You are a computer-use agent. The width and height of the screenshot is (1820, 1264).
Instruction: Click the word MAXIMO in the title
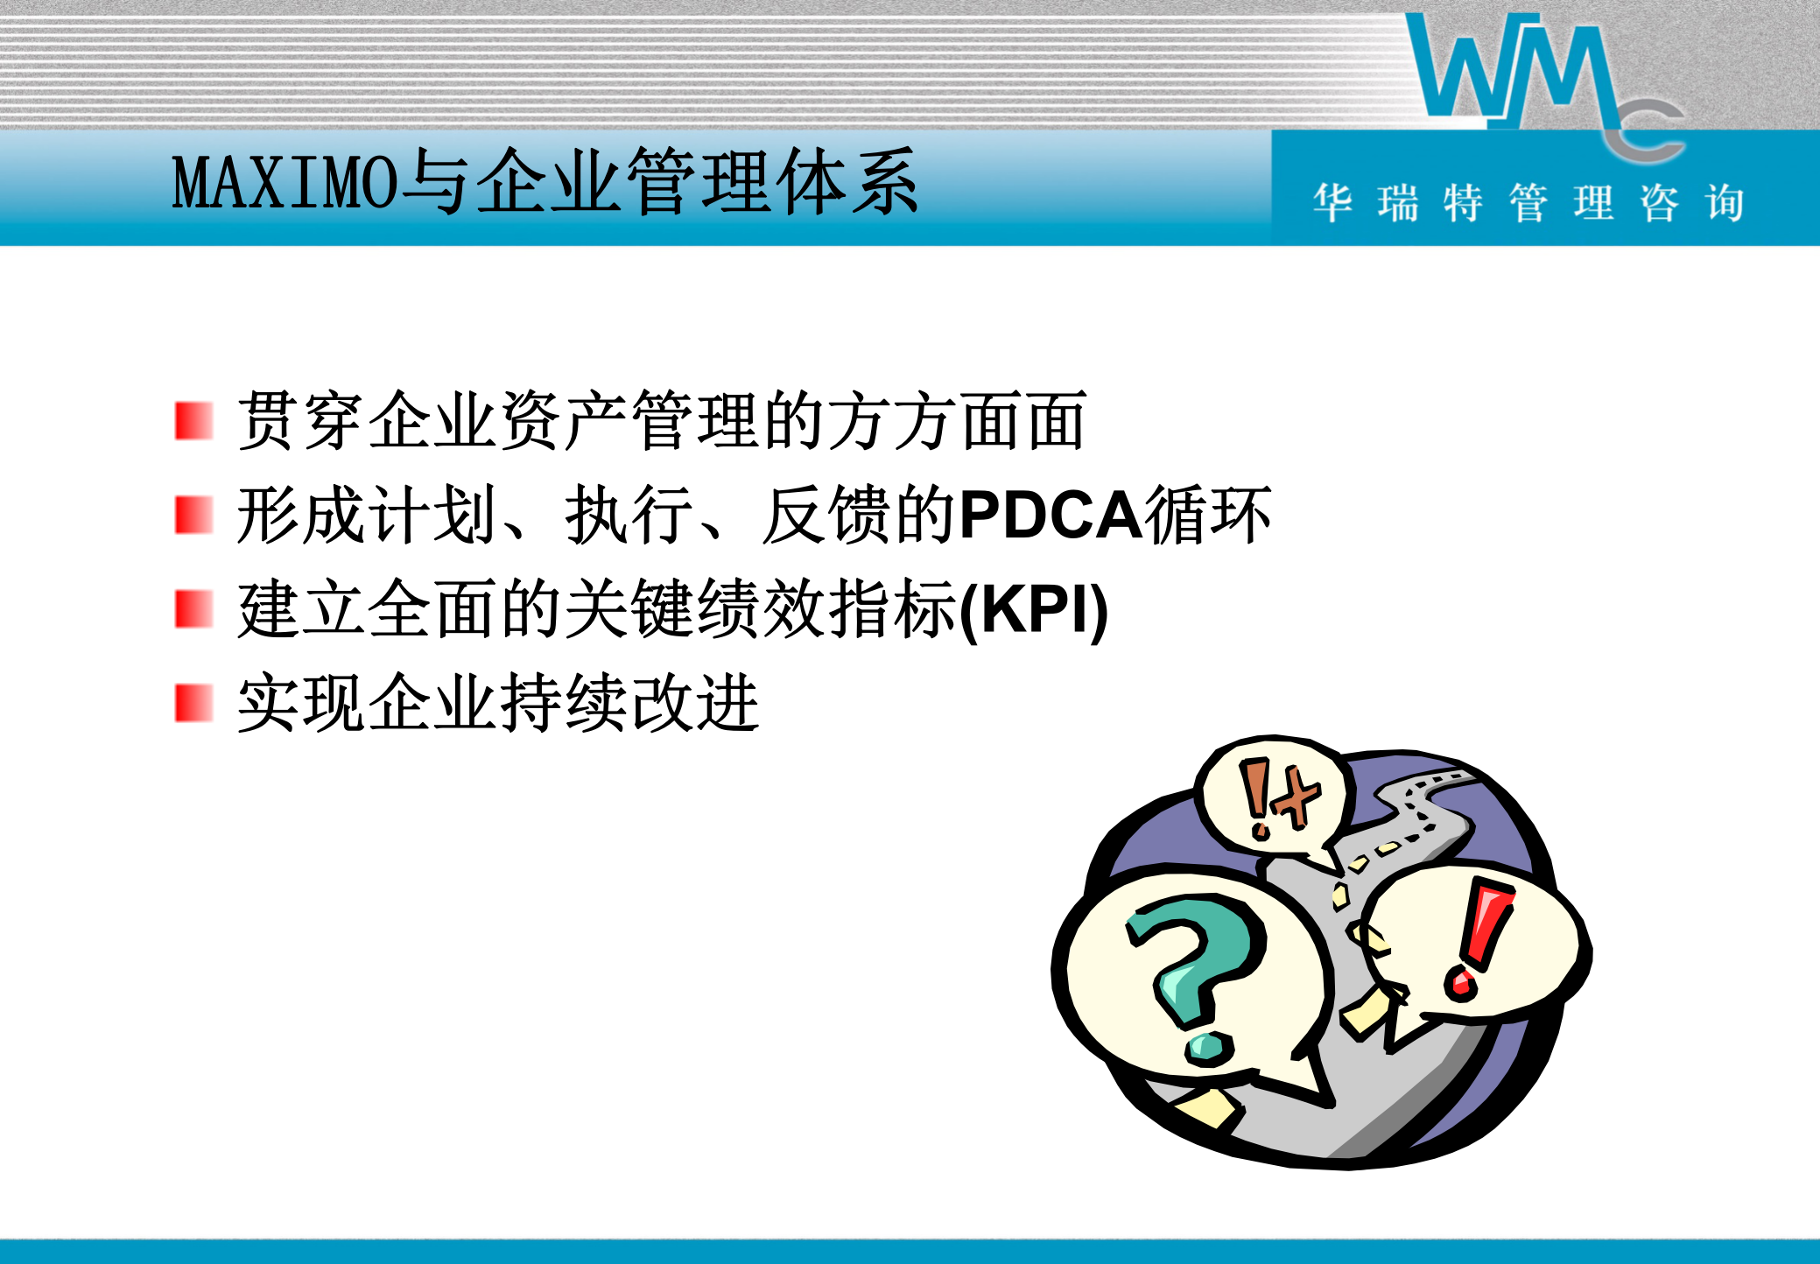point(285,183)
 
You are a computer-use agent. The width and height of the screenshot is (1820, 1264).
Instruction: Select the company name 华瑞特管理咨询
point(1528,203)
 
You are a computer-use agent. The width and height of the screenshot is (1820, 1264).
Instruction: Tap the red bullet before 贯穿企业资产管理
point(193,421)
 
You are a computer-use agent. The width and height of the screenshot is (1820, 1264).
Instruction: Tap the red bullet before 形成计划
point(193,515)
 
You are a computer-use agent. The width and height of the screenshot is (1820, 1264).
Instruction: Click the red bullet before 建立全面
point(193,609)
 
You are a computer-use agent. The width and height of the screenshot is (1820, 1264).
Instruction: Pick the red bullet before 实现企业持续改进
point(193,703)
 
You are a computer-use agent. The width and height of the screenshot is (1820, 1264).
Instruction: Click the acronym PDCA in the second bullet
point(1051,515)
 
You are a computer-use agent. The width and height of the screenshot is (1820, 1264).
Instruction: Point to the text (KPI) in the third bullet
point(1034,609)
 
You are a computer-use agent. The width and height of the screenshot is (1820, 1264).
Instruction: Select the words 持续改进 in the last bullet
point(629,703)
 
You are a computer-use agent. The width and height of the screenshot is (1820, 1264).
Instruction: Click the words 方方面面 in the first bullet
point(956,421)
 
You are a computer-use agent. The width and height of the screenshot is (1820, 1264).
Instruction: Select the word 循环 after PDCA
point(1208,515)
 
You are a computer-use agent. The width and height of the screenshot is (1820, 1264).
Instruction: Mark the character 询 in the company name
point(1724,203)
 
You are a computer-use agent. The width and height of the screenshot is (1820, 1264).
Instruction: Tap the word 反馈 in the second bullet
point(827,515)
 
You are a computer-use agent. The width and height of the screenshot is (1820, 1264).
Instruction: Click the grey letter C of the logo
point(1646,131)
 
